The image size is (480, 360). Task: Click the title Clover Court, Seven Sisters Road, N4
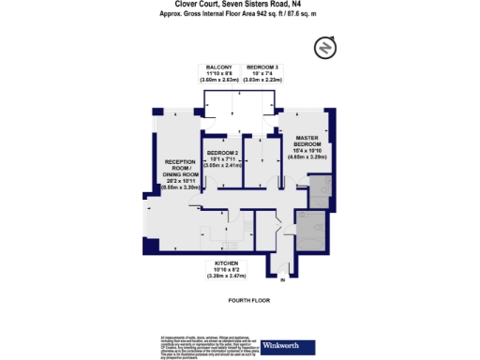click(240, 4)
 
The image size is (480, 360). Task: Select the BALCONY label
click(219, 67)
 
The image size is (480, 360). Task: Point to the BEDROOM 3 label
click(262, 67)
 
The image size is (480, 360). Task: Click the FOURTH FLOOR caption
click(240, 300)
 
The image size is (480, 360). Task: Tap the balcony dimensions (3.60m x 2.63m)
click(219, 81)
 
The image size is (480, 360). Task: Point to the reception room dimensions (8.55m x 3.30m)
click(176, 187)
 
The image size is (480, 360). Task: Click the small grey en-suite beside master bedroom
click(320, 196)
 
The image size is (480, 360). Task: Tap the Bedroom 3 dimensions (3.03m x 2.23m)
click(262, 81)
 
